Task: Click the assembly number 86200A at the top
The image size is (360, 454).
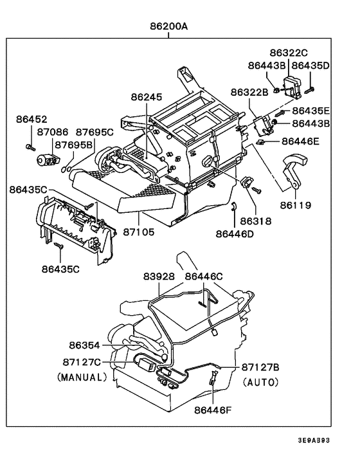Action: [x=168, y=28]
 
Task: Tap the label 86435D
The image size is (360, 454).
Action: [x=310, y=66]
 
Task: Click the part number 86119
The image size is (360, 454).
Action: [x=294, y=206]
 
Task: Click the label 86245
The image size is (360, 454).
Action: [x=148, y=98]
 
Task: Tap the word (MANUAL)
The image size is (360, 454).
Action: [x=81, y=377]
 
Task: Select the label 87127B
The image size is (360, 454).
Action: [x=260, y=367]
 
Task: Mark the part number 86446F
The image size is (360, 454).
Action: [x=213, y=408]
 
